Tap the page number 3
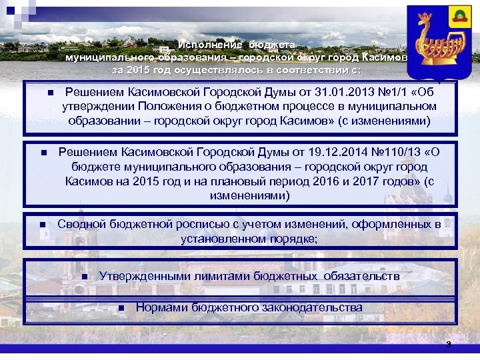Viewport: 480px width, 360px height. coord(449,345)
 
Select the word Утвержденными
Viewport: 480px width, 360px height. coord(140,275)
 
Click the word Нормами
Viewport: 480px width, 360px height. coord(162,307)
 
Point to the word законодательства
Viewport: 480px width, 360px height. coord(311,307)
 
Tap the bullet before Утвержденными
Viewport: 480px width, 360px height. coord(85,277)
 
